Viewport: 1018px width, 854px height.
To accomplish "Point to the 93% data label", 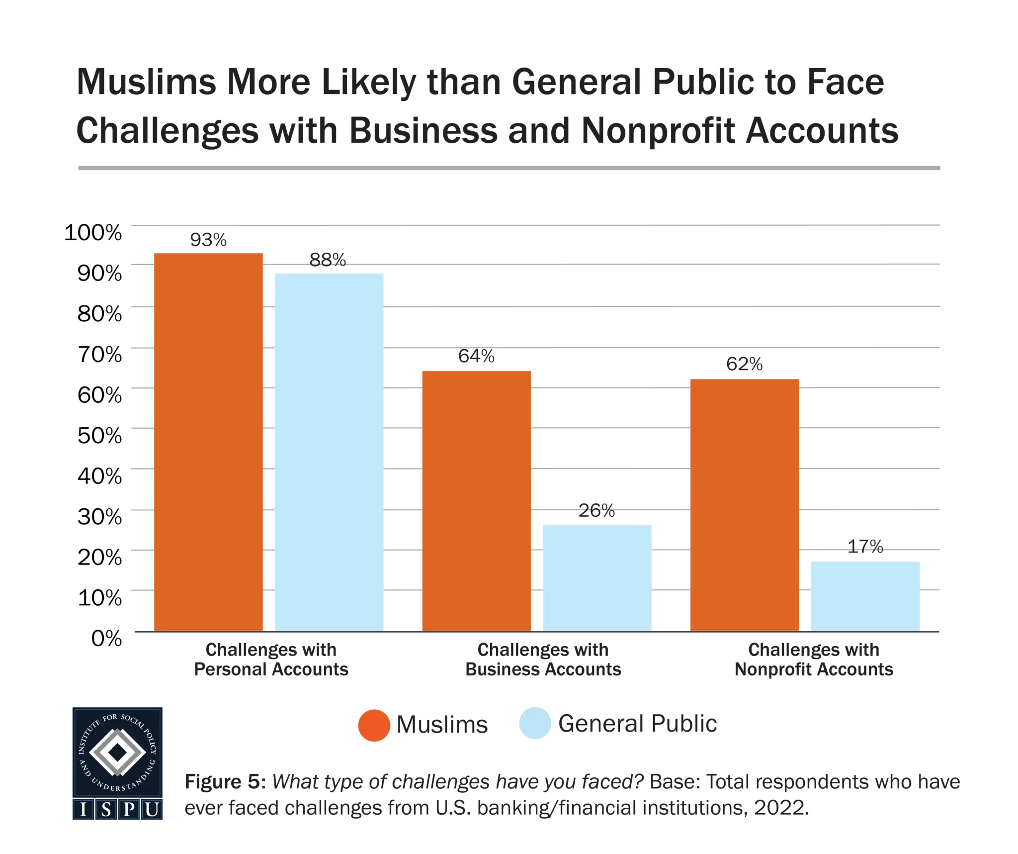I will (x=208, y=240).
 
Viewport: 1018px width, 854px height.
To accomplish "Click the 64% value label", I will (x=476, y=356).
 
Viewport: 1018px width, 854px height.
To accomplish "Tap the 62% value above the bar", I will (x=744, y=364).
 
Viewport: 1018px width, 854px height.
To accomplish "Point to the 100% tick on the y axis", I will (x=93, y=232).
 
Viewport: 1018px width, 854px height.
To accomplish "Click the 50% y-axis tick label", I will (x=99, y=435).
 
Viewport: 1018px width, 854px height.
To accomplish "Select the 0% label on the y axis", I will (x=106, y=638).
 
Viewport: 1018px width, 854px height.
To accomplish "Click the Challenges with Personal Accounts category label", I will (x=271, y=660).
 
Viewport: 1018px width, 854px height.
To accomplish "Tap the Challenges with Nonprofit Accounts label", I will (x=814, y=660).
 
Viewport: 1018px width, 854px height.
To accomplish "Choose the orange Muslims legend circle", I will (x=374, y=725).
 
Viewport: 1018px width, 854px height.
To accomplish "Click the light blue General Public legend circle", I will (x=535, y=723).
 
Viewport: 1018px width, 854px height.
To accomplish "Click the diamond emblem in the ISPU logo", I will (x=117, y=753).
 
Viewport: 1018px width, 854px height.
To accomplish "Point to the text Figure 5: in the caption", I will (x=225, y=782).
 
